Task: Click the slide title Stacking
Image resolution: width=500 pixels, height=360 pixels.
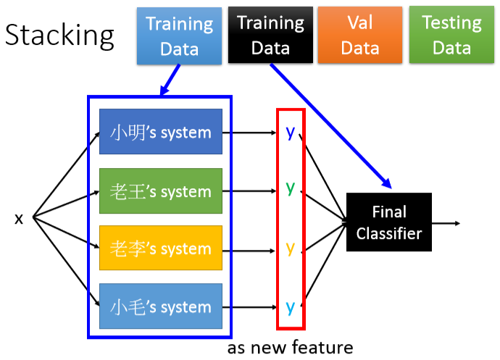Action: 59,35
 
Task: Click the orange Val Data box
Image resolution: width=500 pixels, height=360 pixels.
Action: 360,35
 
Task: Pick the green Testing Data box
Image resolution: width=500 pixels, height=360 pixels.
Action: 452,35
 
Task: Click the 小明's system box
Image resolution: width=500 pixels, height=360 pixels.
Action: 160,132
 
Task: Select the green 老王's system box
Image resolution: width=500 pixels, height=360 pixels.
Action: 160,191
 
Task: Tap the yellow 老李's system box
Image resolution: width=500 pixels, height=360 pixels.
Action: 160,248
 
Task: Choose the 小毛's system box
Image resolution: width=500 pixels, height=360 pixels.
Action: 160,306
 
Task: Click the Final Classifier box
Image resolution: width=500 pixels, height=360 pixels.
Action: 388,222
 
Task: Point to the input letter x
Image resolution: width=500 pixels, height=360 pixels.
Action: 19,218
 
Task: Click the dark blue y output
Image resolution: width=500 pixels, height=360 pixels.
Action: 290,133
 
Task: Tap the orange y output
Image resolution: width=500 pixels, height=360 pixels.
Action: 290,248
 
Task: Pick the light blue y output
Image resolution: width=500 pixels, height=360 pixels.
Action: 290,306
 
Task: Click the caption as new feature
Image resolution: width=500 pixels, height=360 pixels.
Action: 290,348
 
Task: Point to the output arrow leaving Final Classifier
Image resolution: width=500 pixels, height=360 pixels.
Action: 446,222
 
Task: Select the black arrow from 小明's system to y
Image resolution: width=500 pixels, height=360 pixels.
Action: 251,133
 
